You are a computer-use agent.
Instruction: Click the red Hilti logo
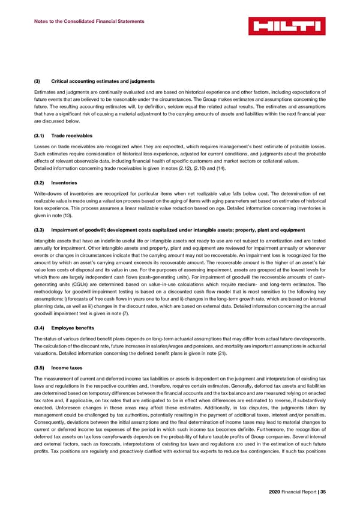(287, 26)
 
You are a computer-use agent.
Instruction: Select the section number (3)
(37, 81)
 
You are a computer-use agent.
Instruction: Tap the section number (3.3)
(39, 230)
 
